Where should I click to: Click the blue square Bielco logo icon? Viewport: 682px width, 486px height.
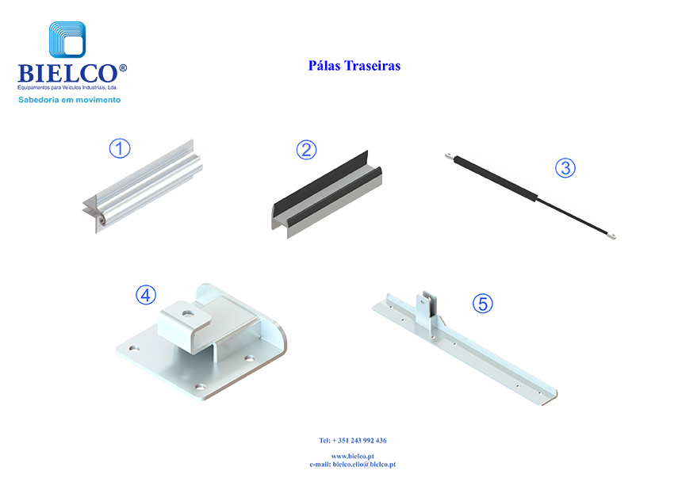[x=67, y=40]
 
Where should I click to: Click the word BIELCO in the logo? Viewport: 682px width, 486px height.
[x=67, y=74]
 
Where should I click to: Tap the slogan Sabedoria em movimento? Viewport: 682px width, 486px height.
[x=70, y=100]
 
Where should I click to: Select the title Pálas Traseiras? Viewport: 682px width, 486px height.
[x=354, y=66]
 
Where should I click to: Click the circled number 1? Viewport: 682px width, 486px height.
[x=120, y=148]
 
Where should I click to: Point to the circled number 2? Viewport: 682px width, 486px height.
[x=306, y=150]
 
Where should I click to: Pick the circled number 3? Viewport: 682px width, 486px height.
[x=565, y=168]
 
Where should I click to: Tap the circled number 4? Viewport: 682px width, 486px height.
[x=146, y=295]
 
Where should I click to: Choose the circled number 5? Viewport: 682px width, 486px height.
[x=483, y=304]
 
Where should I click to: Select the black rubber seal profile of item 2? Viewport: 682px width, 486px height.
[x=327, y=194]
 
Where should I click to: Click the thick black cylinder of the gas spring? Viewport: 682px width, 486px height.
[x=496, y=178]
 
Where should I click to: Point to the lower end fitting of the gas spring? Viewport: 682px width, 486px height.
[x=611, y=236]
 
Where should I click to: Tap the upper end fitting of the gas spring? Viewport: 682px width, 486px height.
[x=449, y=155]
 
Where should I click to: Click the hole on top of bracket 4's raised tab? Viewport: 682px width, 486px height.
[x=187, y=312]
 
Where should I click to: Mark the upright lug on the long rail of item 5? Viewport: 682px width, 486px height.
[x=424, y=308]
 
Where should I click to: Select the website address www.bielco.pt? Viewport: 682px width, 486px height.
[x=353, y=456]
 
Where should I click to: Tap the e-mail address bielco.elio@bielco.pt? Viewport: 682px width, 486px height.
[x=364, y=465]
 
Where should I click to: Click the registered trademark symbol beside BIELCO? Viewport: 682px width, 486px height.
[x=123, y=68]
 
